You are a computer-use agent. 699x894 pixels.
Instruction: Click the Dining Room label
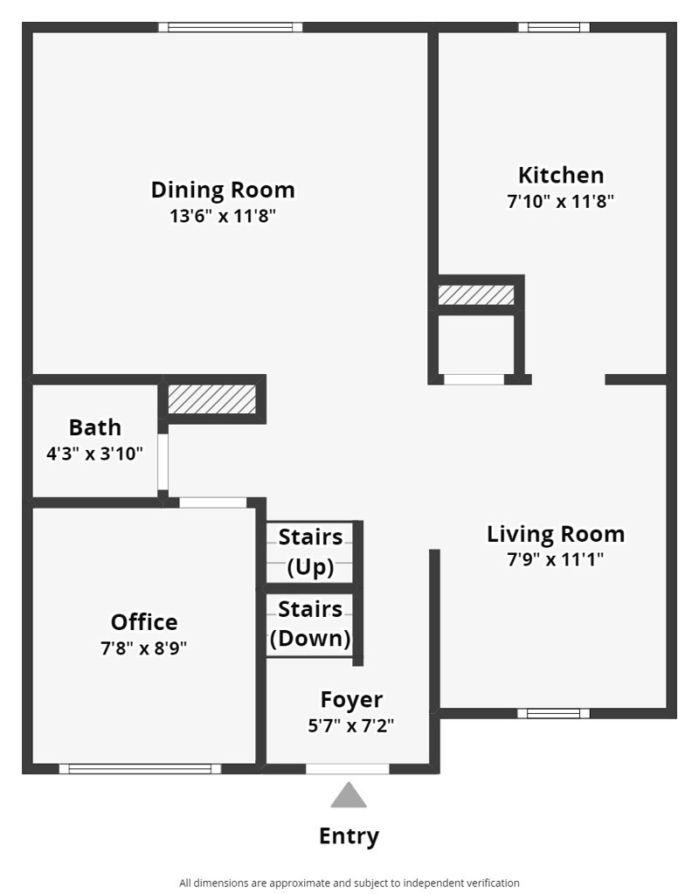223,190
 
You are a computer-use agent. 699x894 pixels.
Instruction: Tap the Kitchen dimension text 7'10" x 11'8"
560,201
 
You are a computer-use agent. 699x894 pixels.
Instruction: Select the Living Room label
556,534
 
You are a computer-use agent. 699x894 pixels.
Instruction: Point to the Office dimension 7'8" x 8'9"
144,648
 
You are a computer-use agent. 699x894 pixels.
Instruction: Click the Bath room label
95,427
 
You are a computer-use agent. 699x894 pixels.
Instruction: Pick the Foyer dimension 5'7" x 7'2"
351,725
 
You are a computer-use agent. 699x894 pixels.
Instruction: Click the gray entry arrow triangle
349,795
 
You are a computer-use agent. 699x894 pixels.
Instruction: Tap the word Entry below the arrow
349,836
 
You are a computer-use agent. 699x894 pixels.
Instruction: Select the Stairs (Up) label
310,551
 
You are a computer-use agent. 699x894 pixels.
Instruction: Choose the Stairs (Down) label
310,623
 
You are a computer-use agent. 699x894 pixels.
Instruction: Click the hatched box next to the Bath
211,399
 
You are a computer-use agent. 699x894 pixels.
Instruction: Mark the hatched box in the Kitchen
476,295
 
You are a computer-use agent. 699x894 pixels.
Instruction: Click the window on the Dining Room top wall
231,27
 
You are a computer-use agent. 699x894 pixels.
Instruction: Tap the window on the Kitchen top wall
554,27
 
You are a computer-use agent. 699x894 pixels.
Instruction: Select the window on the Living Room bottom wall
553,713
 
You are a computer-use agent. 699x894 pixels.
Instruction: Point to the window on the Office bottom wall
140,769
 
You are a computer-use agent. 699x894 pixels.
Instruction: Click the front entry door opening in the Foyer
348,769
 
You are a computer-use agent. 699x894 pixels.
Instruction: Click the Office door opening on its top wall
213,502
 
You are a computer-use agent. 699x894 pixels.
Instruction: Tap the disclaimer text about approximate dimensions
349,883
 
